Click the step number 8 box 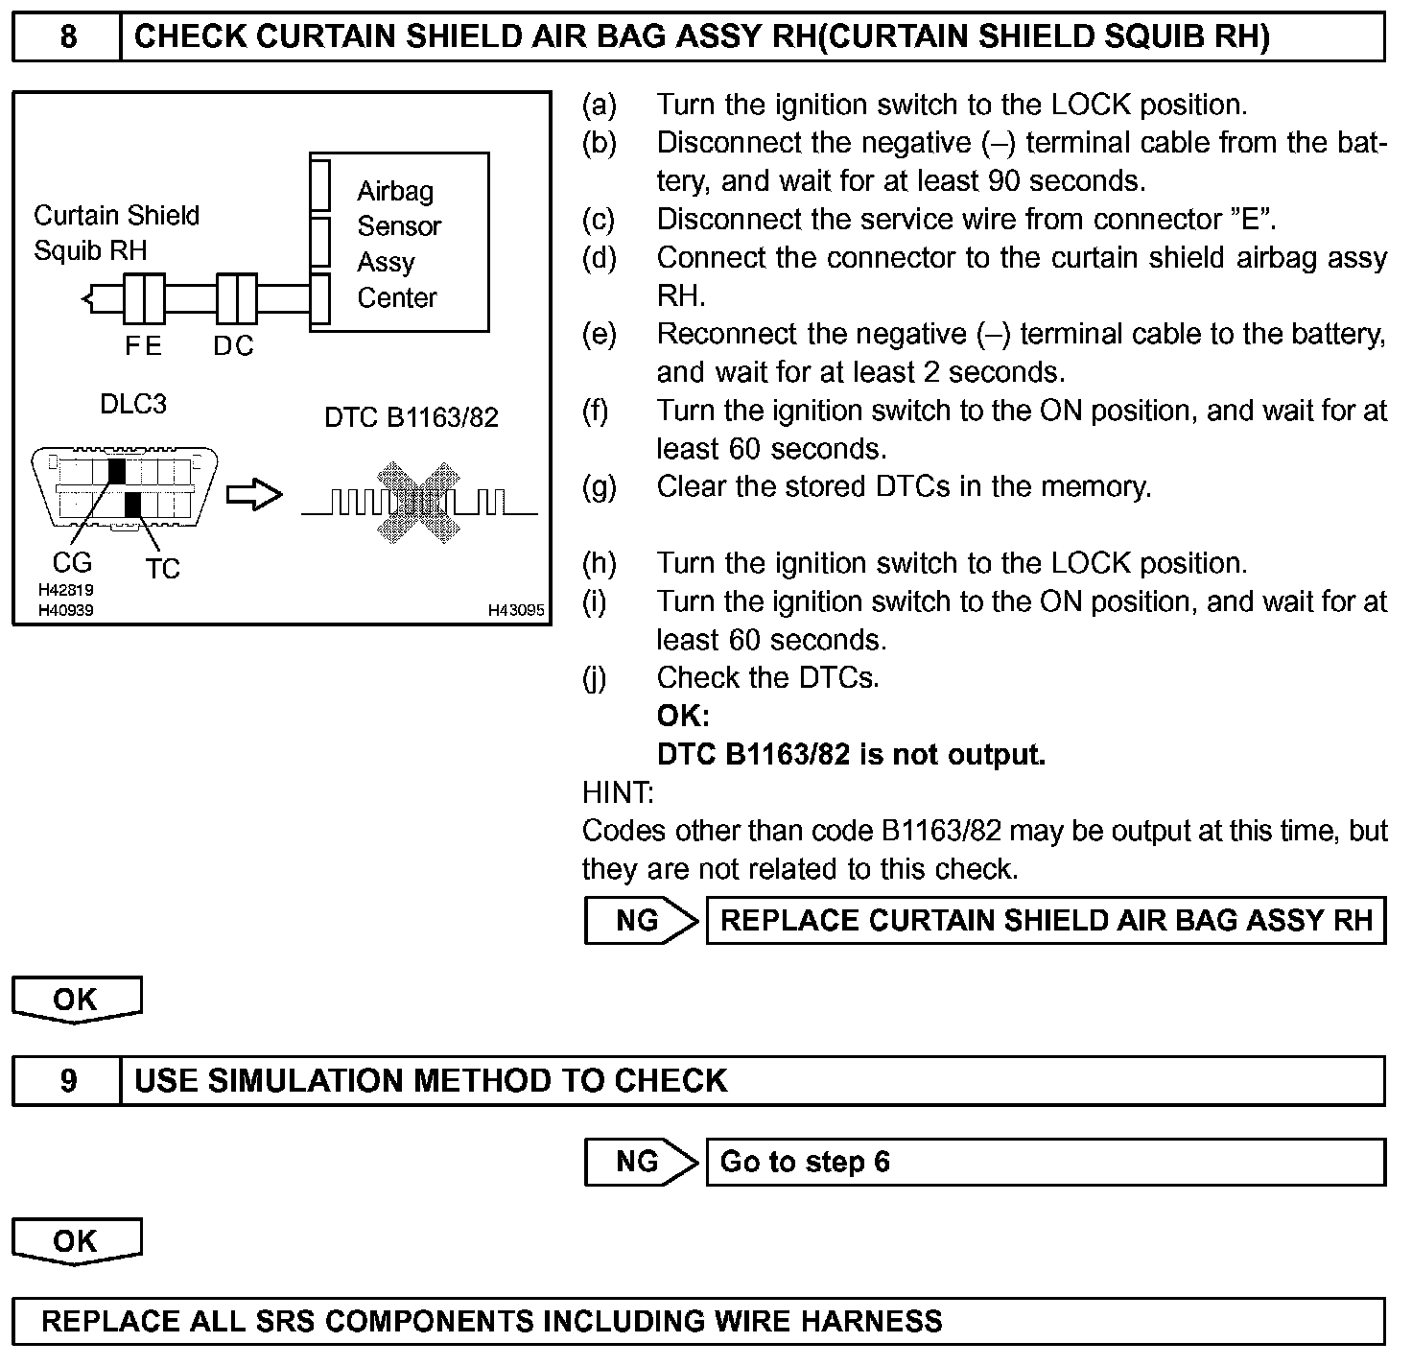[x=67, y=37]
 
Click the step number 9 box [x=67, y=1081]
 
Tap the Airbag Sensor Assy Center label [x=398, y=245]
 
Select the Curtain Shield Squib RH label [x=116, y=233]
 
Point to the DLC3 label [x=133, y=404]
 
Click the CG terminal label [x=72, y=562]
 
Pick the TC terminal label [x=163, y=569]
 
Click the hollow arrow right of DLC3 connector [x=254, y=496]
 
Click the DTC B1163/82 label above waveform [x=412, y=417]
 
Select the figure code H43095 [x=516, y=609]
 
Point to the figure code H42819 [x=66, y=590]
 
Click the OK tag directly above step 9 [x=76, y=1000]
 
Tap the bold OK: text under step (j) [x=683, y=716]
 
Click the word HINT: [x=618, y=792]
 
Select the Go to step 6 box [x=1046, y=1163]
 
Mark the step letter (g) [x=599, y=487]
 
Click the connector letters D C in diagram [x=233, y=346]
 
